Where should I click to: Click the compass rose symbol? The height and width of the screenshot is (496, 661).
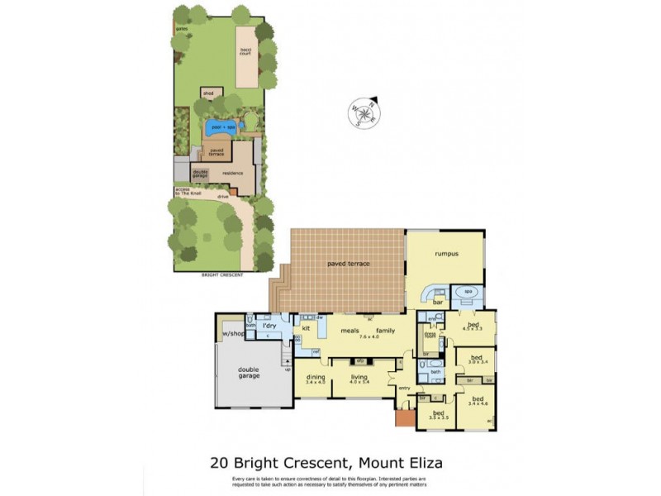(362, 112)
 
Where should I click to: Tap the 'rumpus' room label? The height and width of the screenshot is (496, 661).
(447, 254)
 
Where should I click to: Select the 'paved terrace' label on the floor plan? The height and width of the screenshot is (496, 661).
(348, 264)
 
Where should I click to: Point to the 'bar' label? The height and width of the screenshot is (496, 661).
(438, 303)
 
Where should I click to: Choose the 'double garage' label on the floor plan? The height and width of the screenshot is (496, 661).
(249, 373)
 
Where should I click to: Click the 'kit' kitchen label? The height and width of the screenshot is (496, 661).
(305, 328)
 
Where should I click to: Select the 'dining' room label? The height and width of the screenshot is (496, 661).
(316, 377)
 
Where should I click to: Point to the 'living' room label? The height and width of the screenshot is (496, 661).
(358, 377)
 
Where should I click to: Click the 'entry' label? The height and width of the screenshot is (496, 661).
(404, 388)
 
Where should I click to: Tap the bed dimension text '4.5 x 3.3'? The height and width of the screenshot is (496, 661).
(473, 330)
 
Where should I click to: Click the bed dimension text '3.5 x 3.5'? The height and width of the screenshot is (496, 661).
(438, 417)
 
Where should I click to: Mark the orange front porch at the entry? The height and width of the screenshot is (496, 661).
(403, 418)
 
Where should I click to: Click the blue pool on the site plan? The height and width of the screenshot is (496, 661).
(221, 127)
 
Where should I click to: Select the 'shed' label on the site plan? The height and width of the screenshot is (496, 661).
(208, 93)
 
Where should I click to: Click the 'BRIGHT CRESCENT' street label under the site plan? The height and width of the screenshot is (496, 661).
(222, 274)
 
